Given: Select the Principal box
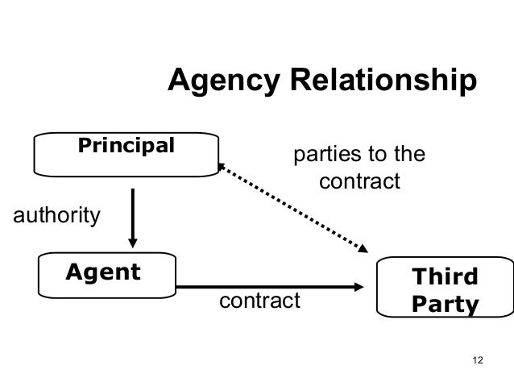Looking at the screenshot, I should click(126, 153).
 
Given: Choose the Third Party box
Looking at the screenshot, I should click(444, 292).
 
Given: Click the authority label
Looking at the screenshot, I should click(55, 215).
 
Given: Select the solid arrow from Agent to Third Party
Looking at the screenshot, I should click(266, 286).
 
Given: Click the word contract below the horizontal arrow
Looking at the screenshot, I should click(259, 301).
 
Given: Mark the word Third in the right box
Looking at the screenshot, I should click(444, 278).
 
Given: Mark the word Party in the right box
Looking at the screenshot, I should click(444, 306).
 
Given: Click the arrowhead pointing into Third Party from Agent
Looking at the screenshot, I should click(358, 286).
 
